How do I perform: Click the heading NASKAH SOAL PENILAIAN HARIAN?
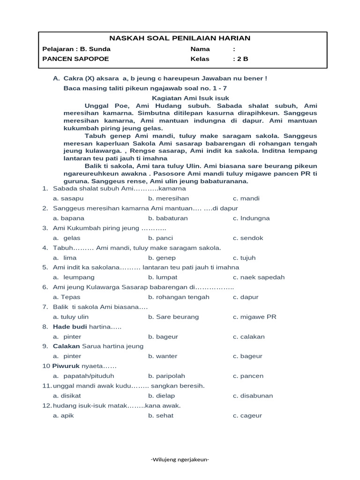180,38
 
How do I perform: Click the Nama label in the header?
200,49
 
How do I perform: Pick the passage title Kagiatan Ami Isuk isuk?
191,98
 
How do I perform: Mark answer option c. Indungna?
251,218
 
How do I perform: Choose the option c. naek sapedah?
258,277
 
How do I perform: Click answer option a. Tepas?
67,297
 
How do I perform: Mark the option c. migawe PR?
254,317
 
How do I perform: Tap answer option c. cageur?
247,415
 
